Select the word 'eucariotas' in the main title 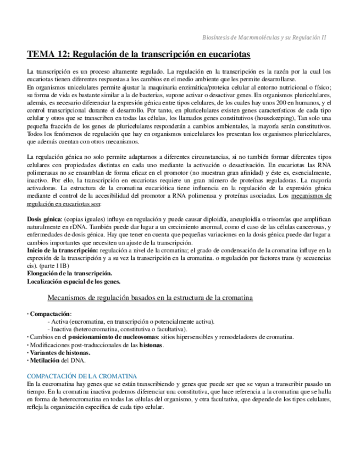(228, 54)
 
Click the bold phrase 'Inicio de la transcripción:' (61, 250)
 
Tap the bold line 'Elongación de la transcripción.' (70, 273)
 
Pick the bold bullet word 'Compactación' (47, 313)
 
